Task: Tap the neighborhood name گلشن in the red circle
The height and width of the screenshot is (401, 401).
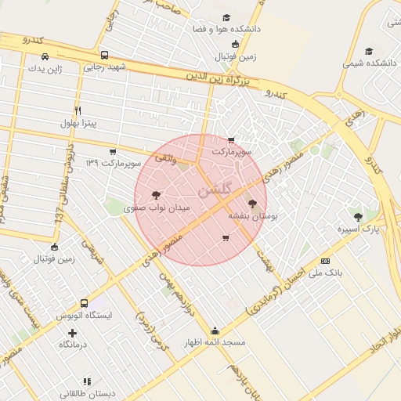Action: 215,190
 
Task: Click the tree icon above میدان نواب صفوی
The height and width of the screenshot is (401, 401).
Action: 156,195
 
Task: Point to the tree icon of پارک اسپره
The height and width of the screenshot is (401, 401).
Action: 358,217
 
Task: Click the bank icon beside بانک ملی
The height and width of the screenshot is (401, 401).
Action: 326,260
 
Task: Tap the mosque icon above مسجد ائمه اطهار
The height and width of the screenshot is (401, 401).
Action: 215,331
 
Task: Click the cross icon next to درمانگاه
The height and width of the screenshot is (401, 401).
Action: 73,333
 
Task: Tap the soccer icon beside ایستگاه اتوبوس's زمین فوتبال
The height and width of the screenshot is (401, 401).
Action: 54,247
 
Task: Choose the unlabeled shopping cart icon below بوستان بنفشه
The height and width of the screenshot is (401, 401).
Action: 226,238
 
